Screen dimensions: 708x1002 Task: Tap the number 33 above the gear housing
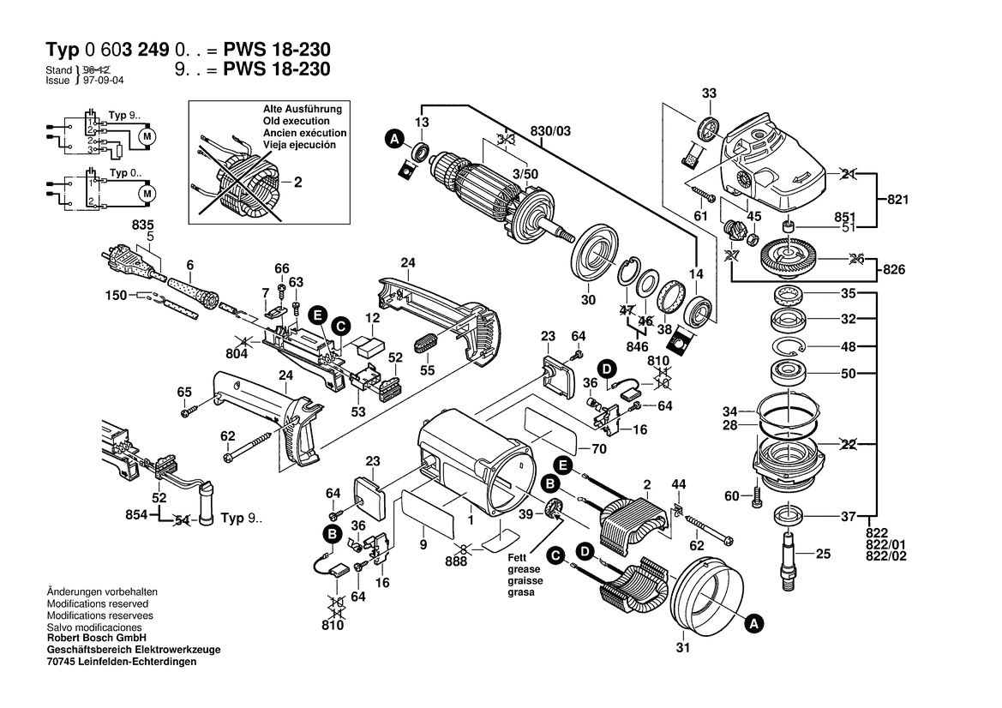click(x=708, y=93)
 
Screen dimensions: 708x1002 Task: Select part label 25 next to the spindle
click(x=824, y=555)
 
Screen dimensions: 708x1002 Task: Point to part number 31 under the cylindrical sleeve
click(x=681, y=648)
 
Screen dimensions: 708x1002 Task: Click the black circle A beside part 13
click(x=394, y=139)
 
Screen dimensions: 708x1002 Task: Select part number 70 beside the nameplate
click(x=598, y=447)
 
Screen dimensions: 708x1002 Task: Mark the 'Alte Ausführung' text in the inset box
click(x=303, y=110)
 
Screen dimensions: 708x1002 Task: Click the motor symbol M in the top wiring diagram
click(x=146, y=136)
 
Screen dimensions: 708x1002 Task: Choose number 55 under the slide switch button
click(x=427, y=370)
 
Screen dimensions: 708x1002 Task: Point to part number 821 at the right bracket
click(x=897, y=199)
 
